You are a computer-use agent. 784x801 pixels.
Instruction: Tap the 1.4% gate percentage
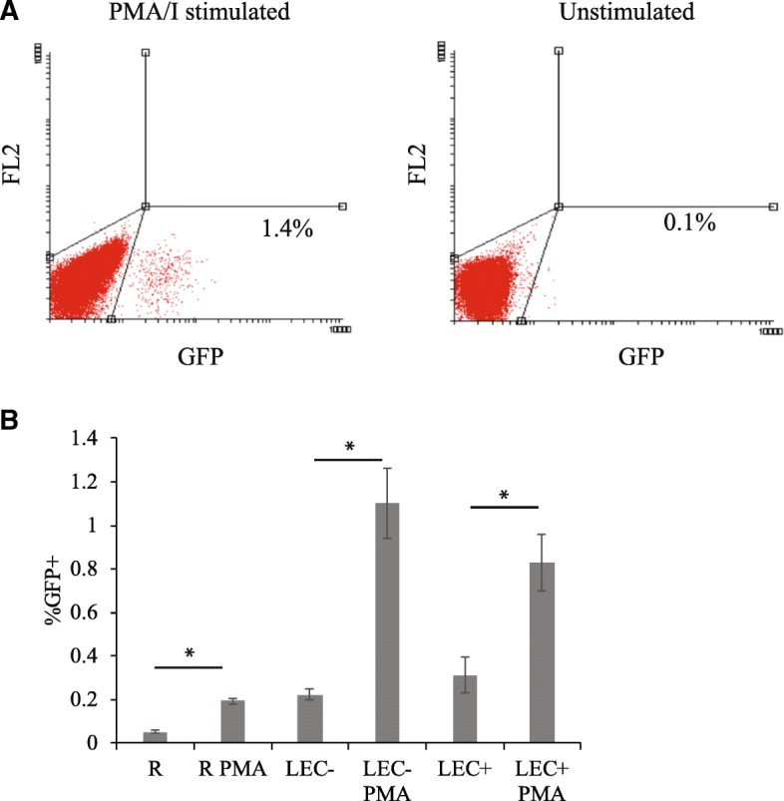tap(287, 230)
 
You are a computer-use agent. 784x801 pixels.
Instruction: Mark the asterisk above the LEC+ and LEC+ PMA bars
tap(504, 495)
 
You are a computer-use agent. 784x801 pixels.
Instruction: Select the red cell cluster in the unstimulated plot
tap(487, 287)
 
